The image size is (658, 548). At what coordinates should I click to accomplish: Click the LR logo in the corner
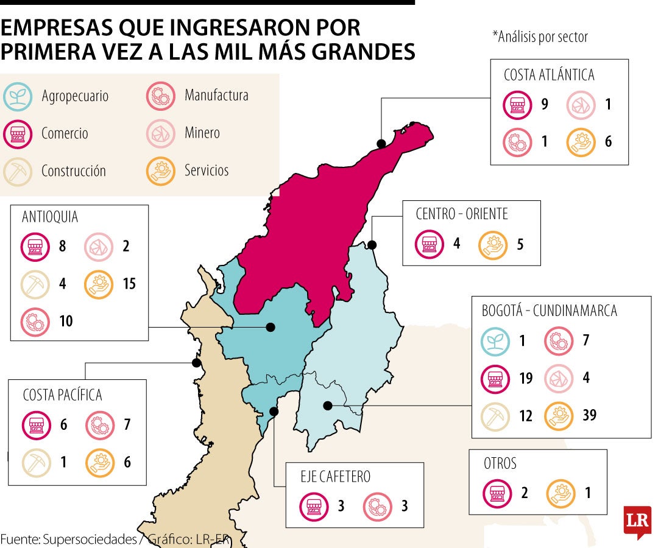point(637,522)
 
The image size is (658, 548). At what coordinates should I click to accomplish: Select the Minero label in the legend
point(202,133)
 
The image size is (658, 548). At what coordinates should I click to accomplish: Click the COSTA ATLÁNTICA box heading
point(548,75)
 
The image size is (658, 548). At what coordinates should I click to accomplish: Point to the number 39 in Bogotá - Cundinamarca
point(589,415)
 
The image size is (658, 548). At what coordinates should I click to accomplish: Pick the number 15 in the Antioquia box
point(129,284)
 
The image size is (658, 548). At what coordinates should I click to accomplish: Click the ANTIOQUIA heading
point(50,217)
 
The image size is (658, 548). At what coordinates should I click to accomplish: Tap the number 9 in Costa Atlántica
point(544,104)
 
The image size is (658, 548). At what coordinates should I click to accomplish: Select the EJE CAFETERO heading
point(336,476)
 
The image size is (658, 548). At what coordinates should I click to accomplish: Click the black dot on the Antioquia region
point(271,328)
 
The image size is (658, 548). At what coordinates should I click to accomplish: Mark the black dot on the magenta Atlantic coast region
point(381,144)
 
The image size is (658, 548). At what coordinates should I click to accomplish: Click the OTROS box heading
point(500,463)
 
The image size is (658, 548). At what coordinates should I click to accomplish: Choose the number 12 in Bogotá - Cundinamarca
point(526,415)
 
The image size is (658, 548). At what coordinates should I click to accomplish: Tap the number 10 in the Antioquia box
point(65,321)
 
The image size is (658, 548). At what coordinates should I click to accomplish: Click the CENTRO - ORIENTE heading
point(462,214)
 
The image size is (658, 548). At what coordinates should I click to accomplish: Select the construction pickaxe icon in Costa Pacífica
point(35,462)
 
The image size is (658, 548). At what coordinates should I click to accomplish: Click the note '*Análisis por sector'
point(540,37)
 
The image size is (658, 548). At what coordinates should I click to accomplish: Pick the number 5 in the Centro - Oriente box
point(519,244)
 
